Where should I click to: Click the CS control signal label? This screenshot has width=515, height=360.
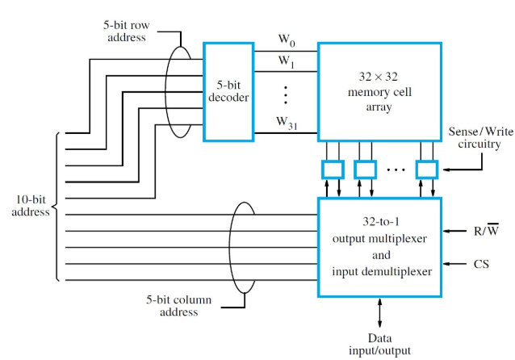(x=483, y=263)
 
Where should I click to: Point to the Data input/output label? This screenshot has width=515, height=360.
(x=379, y=344)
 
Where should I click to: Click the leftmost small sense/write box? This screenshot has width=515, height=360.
(x=332, y=169)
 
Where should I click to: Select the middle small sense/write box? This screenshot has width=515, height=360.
(x=365, y=169)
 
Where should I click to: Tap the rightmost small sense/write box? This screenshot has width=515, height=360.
(x=427, y=169)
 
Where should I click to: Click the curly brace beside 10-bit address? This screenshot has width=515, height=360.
(x=58, y=206)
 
